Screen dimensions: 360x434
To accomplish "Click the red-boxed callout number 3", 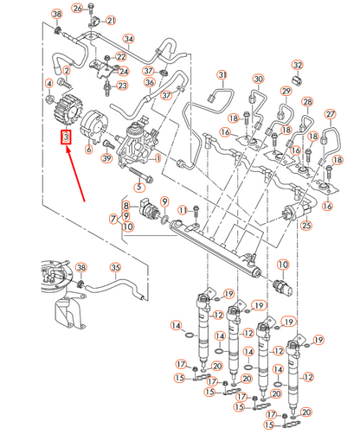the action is pyautogui.click(x=66, y=137).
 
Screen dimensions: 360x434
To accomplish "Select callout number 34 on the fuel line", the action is pyautogui.click(x=129, y=39).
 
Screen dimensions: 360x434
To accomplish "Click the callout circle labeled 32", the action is pyautogui.click(x=298, y=65).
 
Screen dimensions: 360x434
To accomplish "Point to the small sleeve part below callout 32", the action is pyautogui.click(x=296, y=80).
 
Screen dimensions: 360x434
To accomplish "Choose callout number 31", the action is pyautogui.click(x=222, y=75).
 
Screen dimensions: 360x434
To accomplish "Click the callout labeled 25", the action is pyautogui.click(x=306, y=225).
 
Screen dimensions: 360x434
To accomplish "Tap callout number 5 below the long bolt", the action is pyautogui.click(x=139, y=187).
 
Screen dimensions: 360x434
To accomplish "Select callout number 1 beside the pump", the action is pyautogui.click(x=157, y=158).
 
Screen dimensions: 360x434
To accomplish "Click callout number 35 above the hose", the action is pyautogui.click(x=115, y=267).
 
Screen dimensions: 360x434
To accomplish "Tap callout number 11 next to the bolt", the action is pyautogui.click(x=183, y=210).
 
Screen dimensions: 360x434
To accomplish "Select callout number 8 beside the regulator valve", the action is pyautogui.click(x=126, y=206).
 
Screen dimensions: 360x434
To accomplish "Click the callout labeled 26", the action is pyautogui.click(x=77, y=9).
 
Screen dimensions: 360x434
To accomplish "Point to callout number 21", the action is pyautogui.click(x=111, y=21).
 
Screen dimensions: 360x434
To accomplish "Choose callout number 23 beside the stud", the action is pyautogui.click(x=122, y=86).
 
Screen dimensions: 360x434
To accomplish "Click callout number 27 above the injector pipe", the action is pyautogui.click(x=331, y=114).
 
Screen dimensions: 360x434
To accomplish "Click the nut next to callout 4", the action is pyautogui.click(x=50, y=99).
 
